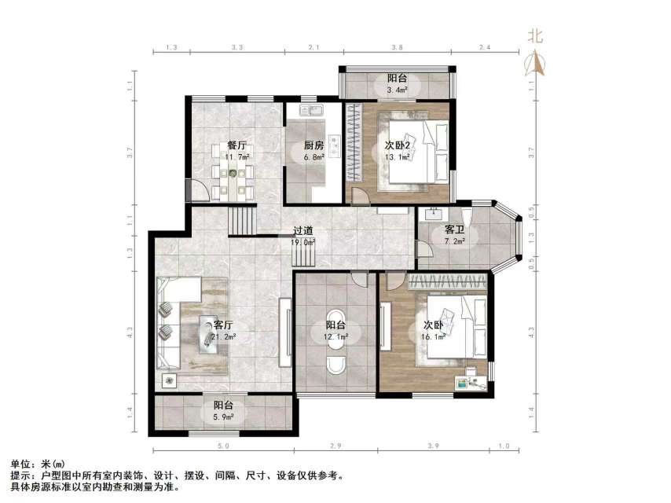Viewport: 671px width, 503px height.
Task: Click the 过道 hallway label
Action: [x=304, y=231]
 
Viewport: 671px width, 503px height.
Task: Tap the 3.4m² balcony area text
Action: [x=397, y=90]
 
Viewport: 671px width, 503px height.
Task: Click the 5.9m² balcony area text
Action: [x=224, y=417]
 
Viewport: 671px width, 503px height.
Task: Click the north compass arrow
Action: [x=537, y=64]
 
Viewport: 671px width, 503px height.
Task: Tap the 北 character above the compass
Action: [x=536, y=35]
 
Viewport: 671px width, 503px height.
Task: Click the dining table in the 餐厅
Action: [x=233, y=180]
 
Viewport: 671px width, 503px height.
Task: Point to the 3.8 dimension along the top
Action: [x=398, y=49]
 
